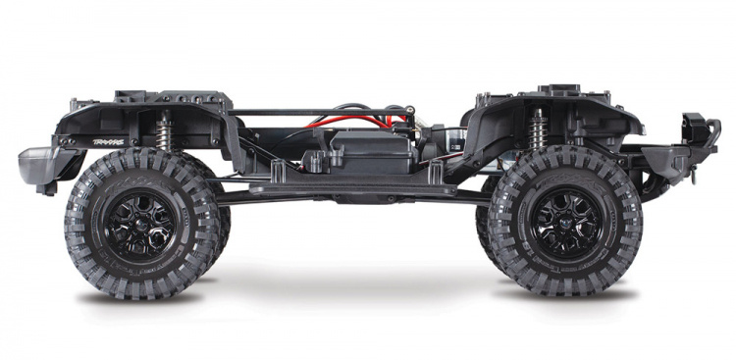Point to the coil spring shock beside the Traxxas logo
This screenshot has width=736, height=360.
point(162,129)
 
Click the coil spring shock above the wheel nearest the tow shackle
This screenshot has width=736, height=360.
point(538,129)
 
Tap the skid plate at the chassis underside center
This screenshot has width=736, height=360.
point(353,197)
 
